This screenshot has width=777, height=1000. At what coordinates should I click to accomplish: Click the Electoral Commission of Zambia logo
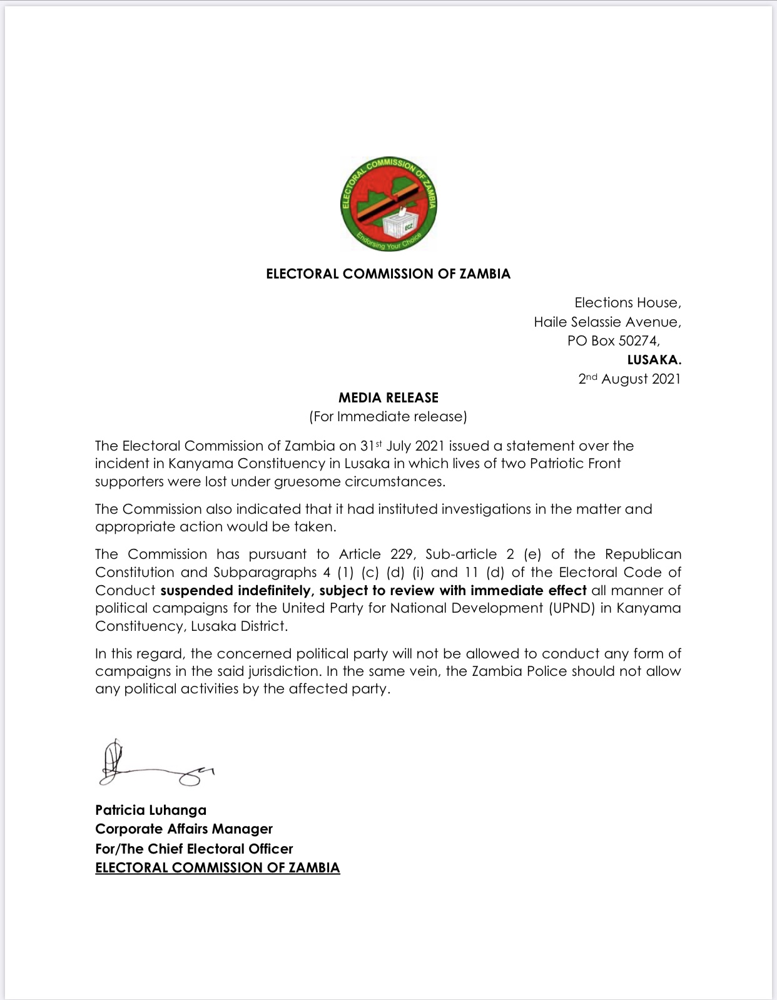tap(388, 204)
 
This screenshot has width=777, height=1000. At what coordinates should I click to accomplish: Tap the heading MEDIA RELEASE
tap(388, 397)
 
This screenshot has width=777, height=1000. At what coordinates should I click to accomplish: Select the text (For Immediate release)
tap(388, 417)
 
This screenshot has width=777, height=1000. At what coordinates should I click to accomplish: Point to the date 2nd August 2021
tap(629, 379)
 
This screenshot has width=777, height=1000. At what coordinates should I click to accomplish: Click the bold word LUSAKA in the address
tap(654, 360)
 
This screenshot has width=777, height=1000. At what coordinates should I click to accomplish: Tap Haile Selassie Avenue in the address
tap(607, 322)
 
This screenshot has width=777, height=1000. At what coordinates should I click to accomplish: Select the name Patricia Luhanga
tap(151, 810)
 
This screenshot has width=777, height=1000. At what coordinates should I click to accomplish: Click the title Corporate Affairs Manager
tap(184, 829)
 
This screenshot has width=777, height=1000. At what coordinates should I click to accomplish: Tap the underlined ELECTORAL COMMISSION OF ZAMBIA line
tap(217, 868)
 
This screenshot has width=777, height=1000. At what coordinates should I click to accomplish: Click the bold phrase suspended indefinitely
tap(235, 591)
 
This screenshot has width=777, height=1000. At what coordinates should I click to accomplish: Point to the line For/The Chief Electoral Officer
tap(194, 849)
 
